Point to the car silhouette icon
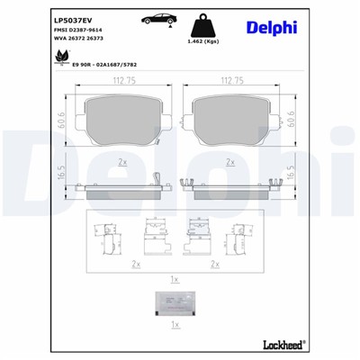pos(158,20)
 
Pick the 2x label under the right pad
pos(232,162)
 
